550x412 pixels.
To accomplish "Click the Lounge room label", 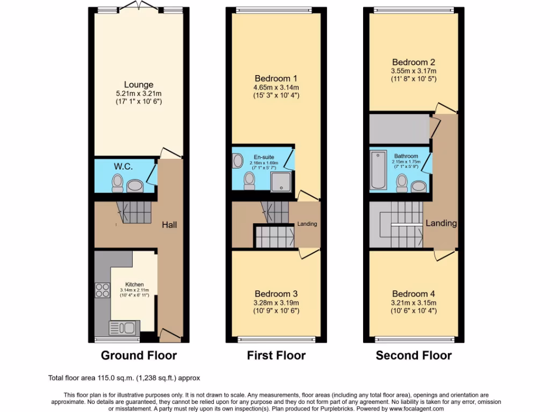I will point(139,85).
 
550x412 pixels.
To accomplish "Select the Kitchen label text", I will point(135,284).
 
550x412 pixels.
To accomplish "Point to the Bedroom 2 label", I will point(413,62).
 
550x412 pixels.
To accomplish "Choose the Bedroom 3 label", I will point(276,294).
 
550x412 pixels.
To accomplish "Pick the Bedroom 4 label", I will point(413,294).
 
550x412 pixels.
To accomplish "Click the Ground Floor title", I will point(139,355).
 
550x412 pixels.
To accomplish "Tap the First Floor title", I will point(276,355).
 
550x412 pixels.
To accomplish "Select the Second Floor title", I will point(414,355).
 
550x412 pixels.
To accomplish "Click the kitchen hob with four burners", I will point(102,290).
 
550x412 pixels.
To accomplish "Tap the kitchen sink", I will point(122,327).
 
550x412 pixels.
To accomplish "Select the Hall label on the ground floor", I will point(170,225).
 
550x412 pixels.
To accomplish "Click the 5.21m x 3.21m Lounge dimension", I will point(139,93).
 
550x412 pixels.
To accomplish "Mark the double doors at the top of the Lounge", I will point(139,6).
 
